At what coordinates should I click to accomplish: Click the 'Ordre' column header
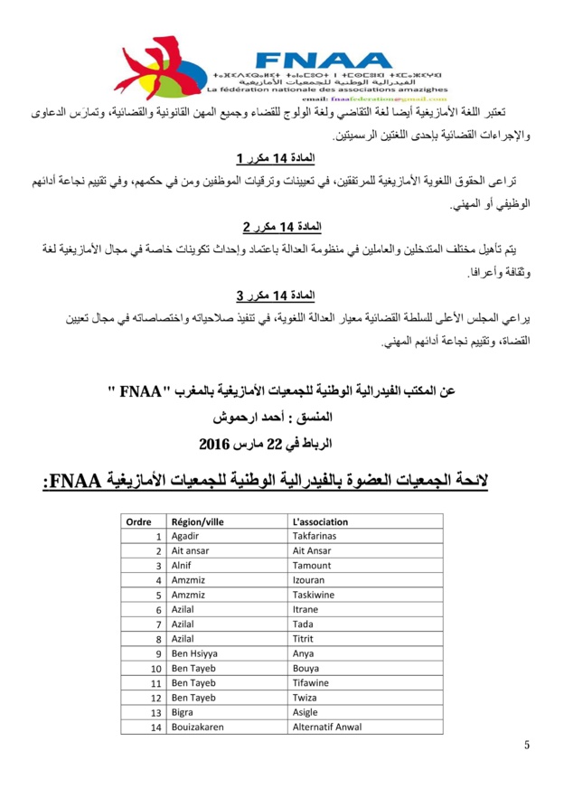(x=138, y=521)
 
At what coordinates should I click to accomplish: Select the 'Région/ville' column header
(x=197, y=521)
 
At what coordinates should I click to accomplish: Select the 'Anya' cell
(x=305, y=653)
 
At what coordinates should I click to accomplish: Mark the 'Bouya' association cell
(x=307, y=669)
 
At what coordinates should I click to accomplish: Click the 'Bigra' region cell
(x=183, y=713)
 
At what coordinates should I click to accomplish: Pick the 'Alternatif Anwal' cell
(x=327, y=728)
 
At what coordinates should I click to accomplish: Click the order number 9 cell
(x=157, y=653)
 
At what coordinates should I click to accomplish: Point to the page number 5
(x=527, y=744)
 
